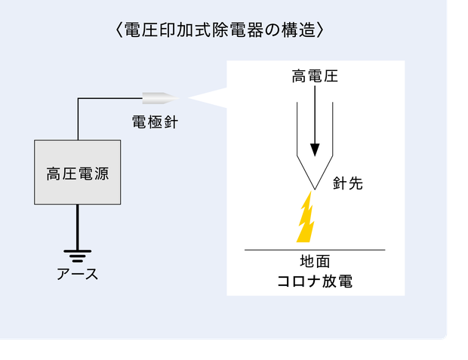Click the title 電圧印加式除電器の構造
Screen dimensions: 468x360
point(220,30)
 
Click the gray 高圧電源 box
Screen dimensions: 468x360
point(78,172)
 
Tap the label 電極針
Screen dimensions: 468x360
point(155,122)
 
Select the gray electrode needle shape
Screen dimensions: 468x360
point(161,98)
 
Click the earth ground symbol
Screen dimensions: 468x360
point(78,256)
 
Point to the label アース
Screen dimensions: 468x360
point(77,274)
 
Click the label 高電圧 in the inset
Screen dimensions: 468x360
point(315,75)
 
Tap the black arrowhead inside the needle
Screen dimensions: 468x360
point(315,150)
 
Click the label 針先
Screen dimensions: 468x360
point(348,183)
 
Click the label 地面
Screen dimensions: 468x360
point(315,261)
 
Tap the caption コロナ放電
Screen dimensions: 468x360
point(315,282)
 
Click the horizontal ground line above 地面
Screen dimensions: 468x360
point(315,250)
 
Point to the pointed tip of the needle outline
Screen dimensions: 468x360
point(315,190)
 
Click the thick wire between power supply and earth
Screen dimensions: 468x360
point(78,227)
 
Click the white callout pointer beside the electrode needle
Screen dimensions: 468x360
point(207,97)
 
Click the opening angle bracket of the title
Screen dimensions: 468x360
point(119,30)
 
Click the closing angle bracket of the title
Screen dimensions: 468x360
point(319,30)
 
